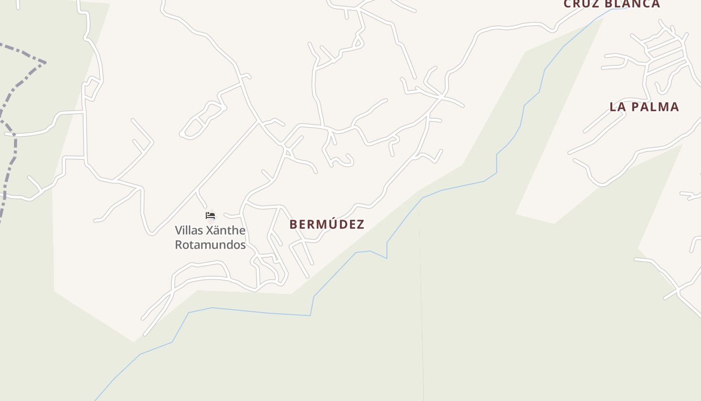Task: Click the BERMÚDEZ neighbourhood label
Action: pyautogui.click(x=326, y=224)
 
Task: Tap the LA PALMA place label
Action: pyautogui.click(x=644, y=107)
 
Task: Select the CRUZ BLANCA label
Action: pyautogui.click(x=612, y=4)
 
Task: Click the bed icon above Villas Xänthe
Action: pyautogui.click(x=210, y=216)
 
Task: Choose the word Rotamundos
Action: pyautogui.click(x=210, y=245)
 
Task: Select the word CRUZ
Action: pyautogui.click(x=581, y=4)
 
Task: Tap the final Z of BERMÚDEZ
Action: pyautogui.click(x=361, y=225)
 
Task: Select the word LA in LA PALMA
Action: pyautogui.click(x=616, y=107)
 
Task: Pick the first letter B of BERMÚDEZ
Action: pyautogui.click(x=293, y=225)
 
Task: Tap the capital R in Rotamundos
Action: pyautogui.click(x=179, y=245)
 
